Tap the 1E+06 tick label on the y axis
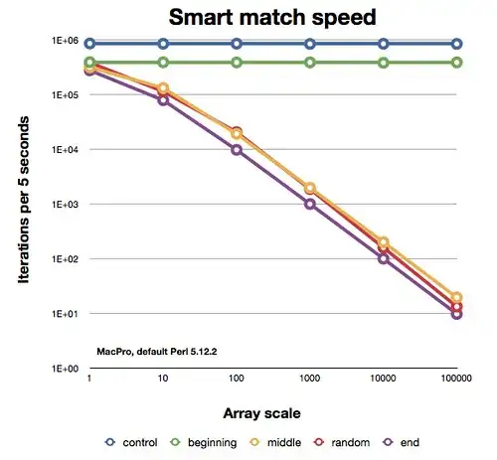(67, 41)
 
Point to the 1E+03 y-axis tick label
(67, 205)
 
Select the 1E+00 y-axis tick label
(67, 369)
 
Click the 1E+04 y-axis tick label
(67, 150)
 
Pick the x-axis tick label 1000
(309, 380)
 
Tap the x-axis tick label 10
(163, 380)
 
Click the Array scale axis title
(272, 409)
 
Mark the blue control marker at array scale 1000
(310, 44)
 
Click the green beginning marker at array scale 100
(237, 63)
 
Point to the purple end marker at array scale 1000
(310, 204)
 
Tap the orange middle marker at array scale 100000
(456, 297)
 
